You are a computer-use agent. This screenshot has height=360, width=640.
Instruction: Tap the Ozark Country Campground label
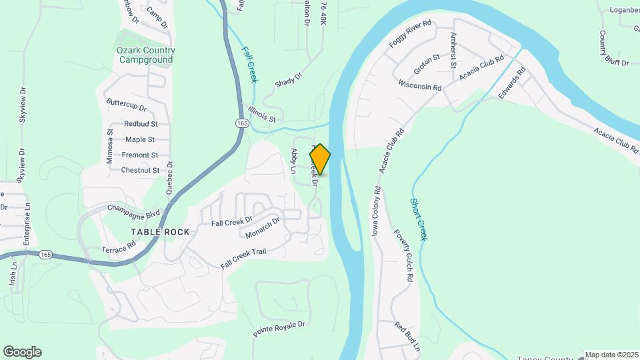click(x=146, y=55)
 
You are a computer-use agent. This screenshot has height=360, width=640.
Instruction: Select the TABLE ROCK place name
click(x=160, y=232)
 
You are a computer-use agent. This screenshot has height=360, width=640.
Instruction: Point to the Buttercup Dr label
click(x=126, y=106)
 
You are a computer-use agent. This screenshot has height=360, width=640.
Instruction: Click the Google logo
click(x=22, y=352)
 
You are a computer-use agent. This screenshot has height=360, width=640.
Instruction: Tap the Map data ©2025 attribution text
click(x=611, y=355)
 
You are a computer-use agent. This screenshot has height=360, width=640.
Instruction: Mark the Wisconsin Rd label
click(x=420, y=86)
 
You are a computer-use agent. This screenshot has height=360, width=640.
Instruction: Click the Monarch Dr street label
click(x=263, y=227)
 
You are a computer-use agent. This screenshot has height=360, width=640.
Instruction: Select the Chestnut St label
click(x=140, y=170)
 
